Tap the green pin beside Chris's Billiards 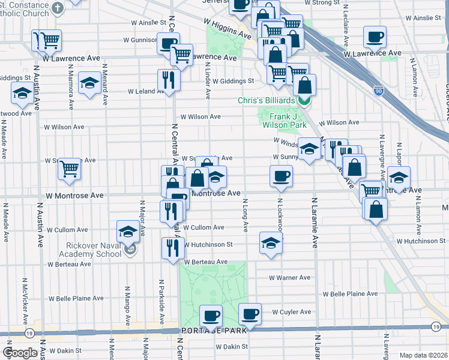304,101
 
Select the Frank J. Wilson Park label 285,120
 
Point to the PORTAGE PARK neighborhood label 211,331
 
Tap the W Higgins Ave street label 227,29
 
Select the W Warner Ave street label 289,278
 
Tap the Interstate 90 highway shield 378,90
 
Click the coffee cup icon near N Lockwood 280,176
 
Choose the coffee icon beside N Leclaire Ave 375,37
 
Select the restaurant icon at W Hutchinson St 173,247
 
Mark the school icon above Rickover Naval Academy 128,231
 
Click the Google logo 20,353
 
